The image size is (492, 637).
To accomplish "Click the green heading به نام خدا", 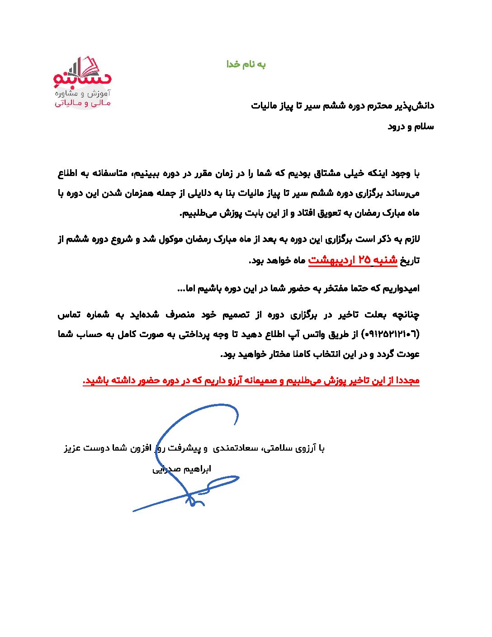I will pyautogui.click(x=246, y=64).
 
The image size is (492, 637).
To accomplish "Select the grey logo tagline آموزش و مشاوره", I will pyautogui.click(x=82, y=93).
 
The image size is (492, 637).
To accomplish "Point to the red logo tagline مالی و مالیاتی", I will pyautogui.click(x=82, y=103).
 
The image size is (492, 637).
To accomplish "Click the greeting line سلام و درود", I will pyautogui.click(x=411, y=127).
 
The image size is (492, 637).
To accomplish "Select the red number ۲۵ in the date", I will pyautogui.click(x=364, y=260).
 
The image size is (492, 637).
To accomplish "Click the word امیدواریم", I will pyautogui.click(x=401, y=288).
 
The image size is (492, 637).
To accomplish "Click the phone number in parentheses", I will pyautogui.click(x=392, y=334).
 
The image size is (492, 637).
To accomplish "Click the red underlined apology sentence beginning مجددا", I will pyautogui.click(x=251, y=380).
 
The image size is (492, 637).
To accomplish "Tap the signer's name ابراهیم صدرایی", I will pyautogui.click(x=182, y=469).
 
